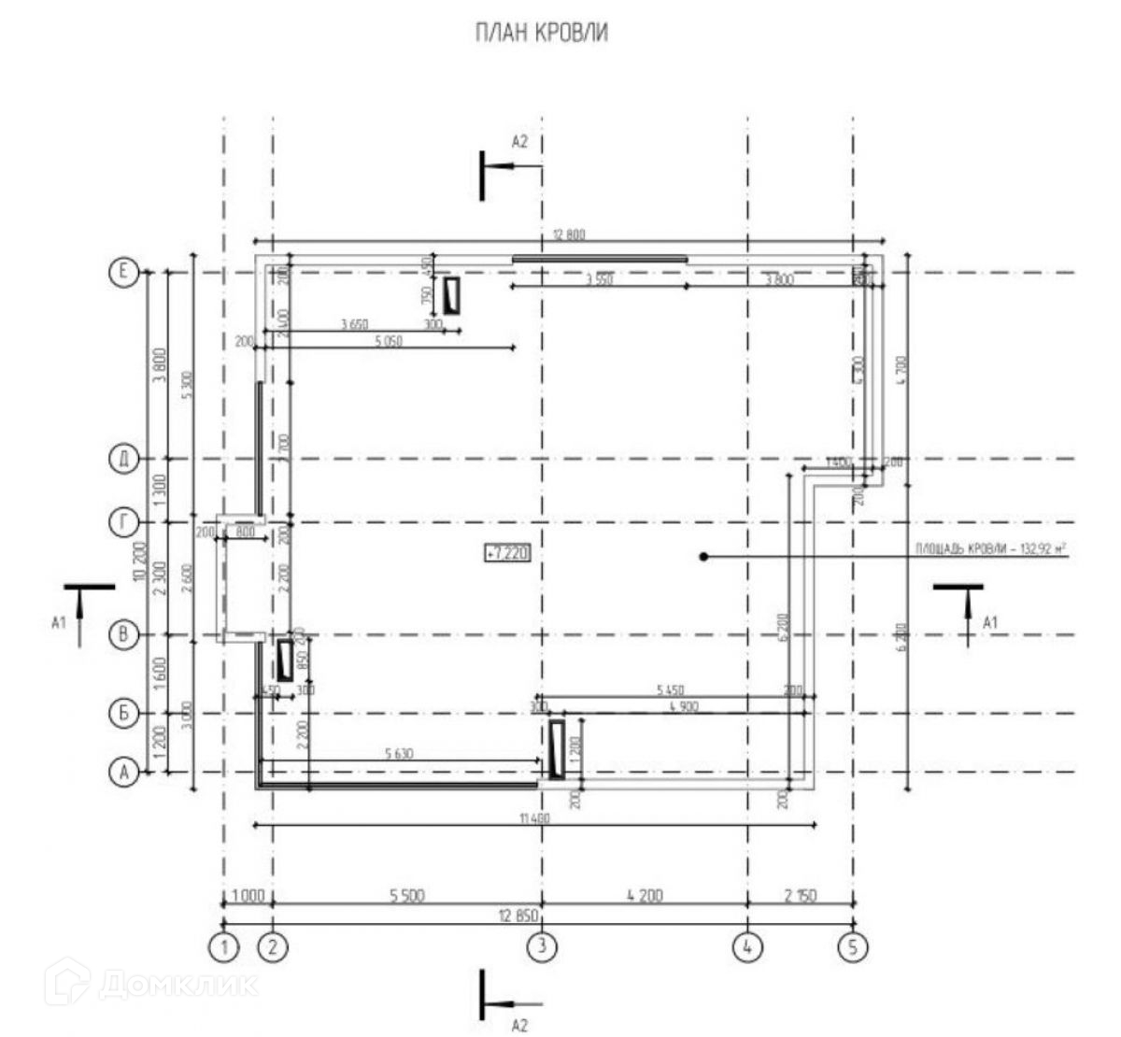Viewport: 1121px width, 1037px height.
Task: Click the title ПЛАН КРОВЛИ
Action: click(x=542, y=34)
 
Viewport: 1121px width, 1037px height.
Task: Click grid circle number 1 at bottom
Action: click(x=224, y=948)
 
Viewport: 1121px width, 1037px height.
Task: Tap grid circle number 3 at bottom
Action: click(x=542, y=948)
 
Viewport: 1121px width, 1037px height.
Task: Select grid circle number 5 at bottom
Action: click(x=852, y=948)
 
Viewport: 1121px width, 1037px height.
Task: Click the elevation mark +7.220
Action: click(x=507, y=554)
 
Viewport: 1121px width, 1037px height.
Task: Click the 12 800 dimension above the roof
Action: click(x=568, y=234)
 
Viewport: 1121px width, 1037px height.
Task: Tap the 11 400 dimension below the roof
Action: click(x=532, y=818)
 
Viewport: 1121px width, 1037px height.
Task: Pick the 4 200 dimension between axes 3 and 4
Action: click(x=645, y=895)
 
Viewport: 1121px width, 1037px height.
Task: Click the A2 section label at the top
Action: click(x=520, y=142)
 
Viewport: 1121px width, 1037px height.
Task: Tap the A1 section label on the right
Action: click(x=991, y=621)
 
